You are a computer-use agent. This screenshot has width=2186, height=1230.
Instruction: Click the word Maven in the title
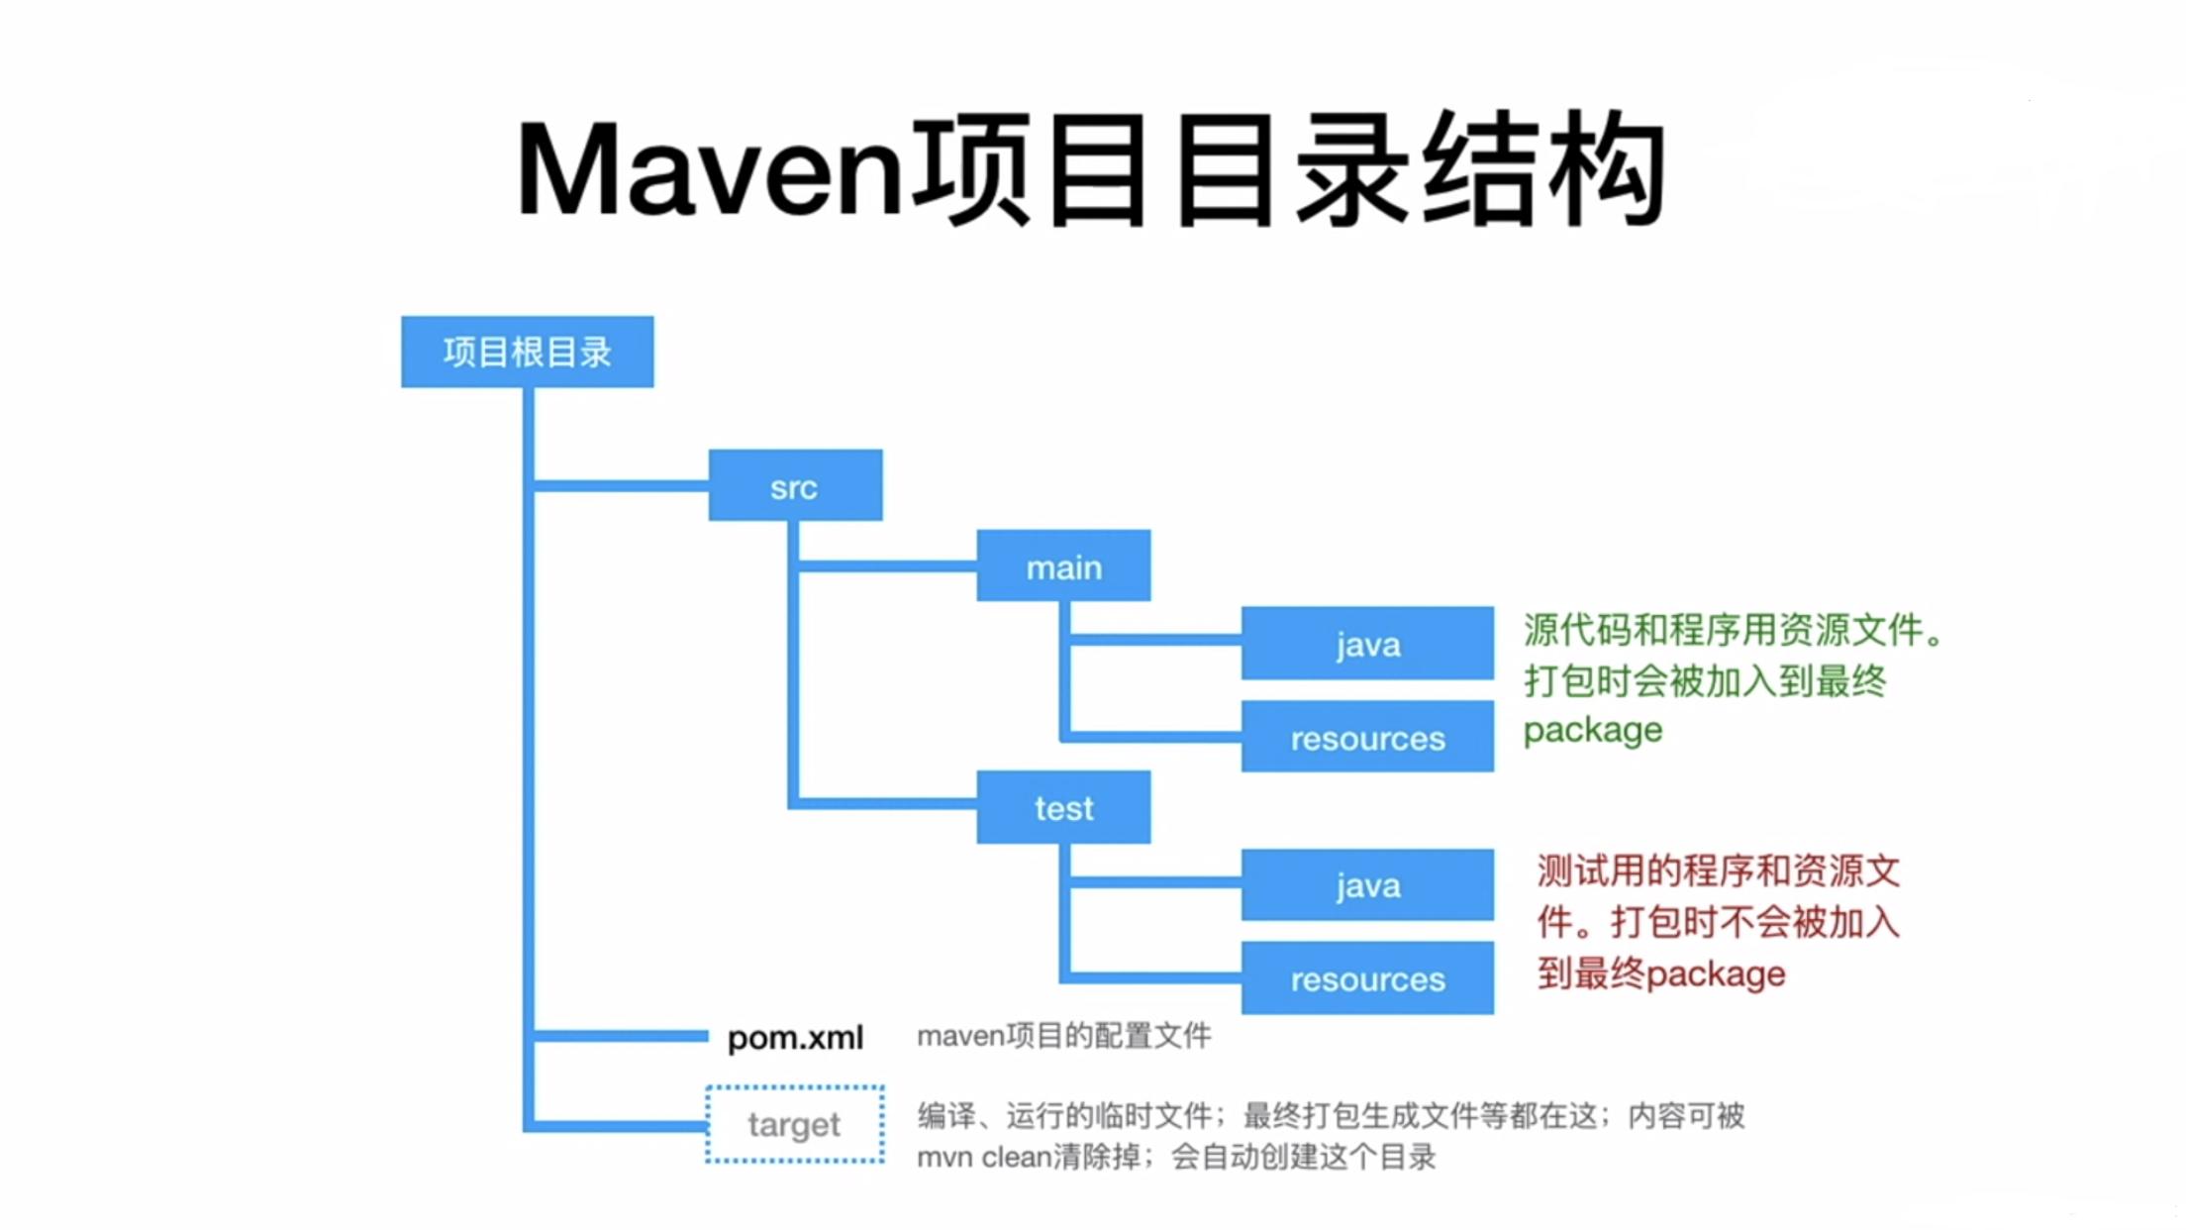click(x=709, y=170)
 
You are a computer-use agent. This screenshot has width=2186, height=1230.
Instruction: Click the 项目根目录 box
click(x=527, y=352)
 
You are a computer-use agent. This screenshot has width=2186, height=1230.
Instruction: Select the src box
click(x=795, y=485)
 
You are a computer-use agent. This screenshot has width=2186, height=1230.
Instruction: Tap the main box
click(x=1063, y=566)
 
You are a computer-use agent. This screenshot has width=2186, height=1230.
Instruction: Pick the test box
click(x=1063, y=807)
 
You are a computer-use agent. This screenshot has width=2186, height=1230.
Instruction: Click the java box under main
click(x=1367, y=644)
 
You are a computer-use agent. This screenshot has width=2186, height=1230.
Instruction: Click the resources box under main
click(x=1367, y=737)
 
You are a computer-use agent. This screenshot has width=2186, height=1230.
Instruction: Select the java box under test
click(x=1367, y=884)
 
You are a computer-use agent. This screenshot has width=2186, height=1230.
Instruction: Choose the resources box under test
click(x=1367, y=978)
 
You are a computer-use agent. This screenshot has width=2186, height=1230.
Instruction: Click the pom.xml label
click(x=795, y=1037)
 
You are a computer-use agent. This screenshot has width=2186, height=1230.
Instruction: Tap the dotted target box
click(x=795, y=1124)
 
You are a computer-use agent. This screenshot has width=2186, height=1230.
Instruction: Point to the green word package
click(x=1592, y=731)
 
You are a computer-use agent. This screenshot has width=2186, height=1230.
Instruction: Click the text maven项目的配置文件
click(x=1063, y=1036)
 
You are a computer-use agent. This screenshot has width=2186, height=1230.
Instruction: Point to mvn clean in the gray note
click(x=982, y=1157)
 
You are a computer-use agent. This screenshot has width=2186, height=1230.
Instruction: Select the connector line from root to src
click(x=621, y=485)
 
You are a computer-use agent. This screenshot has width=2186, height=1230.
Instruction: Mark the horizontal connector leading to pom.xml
click(x=621, y=1036)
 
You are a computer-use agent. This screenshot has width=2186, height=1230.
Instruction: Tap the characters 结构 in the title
click(x=1544, y=170)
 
